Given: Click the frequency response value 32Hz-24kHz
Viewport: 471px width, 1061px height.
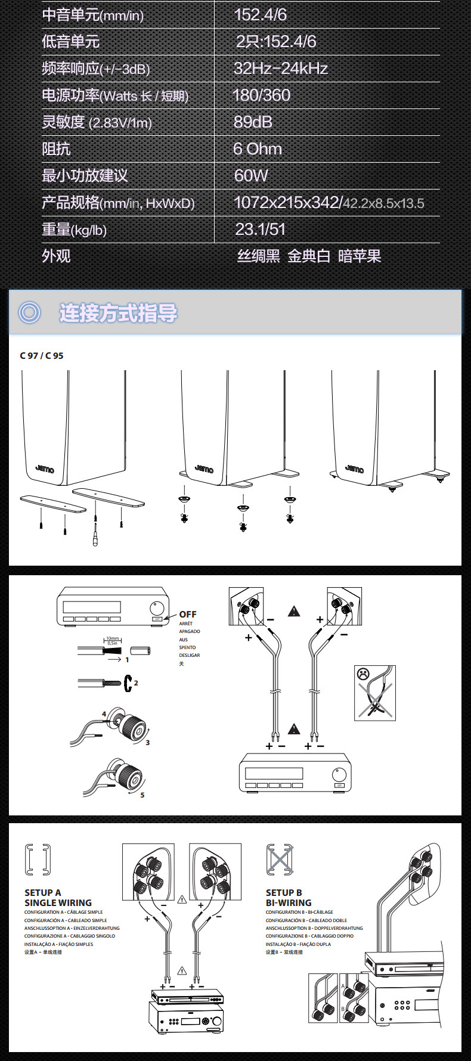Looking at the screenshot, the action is tap(280, 69).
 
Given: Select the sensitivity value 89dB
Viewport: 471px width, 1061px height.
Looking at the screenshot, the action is tap(253, 122).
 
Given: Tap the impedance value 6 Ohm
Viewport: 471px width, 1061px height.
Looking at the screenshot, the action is tap(258, 149).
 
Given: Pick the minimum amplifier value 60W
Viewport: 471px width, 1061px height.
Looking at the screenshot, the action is tap(251, 176).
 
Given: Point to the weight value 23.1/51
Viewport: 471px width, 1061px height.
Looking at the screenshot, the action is tap(260, 229).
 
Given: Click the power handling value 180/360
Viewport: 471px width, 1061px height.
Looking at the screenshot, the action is tap(261, 95).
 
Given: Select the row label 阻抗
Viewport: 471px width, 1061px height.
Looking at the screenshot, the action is tap(56, 149).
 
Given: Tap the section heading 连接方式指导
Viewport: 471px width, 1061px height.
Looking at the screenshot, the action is tap(118, 313).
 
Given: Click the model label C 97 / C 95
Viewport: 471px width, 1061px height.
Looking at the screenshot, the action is tap(42, 356).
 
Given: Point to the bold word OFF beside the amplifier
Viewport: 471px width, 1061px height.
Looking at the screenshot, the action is tap(188, 615).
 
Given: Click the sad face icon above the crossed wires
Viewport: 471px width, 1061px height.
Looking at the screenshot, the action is tap(362, 674).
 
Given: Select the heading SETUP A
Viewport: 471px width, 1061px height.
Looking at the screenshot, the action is tap(43, 892).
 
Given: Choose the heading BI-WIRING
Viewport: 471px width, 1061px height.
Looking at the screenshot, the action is tap(289, 902).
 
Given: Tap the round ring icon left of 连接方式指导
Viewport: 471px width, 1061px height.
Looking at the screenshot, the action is tap(29, 312).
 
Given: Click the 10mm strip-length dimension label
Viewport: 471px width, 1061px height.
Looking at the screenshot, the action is tap(113, 638).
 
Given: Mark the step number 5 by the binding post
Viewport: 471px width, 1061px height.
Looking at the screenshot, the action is tap(142, 795).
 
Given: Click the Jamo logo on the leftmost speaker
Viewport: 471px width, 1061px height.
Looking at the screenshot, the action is tap(45, 469).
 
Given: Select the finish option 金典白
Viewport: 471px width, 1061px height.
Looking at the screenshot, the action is tap(309, 256).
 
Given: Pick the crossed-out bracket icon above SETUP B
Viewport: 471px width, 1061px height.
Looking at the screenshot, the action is tap(280, 860).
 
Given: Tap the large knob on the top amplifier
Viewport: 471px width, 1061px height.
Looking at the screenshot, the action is tap(157, 609).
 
